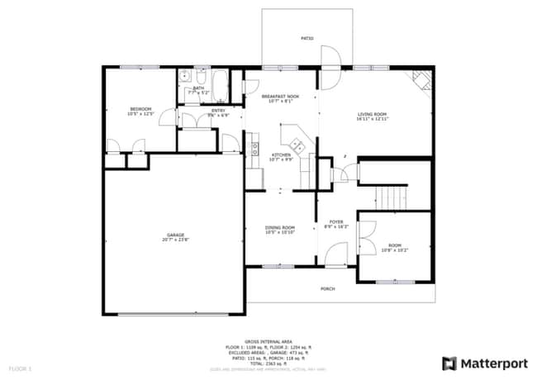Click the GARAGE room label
tap(175, 235)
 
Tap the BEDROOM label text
tap(140, 109)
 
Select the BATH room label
tap(198, 88)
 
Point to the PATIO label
tap(307, 39)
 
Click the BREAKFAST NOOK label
tap(280, 97)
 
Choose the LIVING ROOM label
tap(373, 114)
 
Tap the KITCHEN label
tap(281, 155)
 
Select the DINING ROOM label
tap(279, 228)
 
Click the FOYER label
tap(336, 222)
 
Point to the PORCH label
tap(327, 289)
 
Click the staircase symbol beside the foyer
tap(393, 197)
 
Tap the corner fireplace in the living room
tap(421, 81)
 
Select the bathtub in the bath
tap(221, 82)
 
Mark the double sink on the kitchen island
tap(298, 147)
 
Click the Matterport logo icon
tap(449, 363)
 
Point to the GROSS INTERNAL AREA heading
tap(275, 340)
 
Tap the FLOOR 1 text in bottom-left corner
tap(20, 367)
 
